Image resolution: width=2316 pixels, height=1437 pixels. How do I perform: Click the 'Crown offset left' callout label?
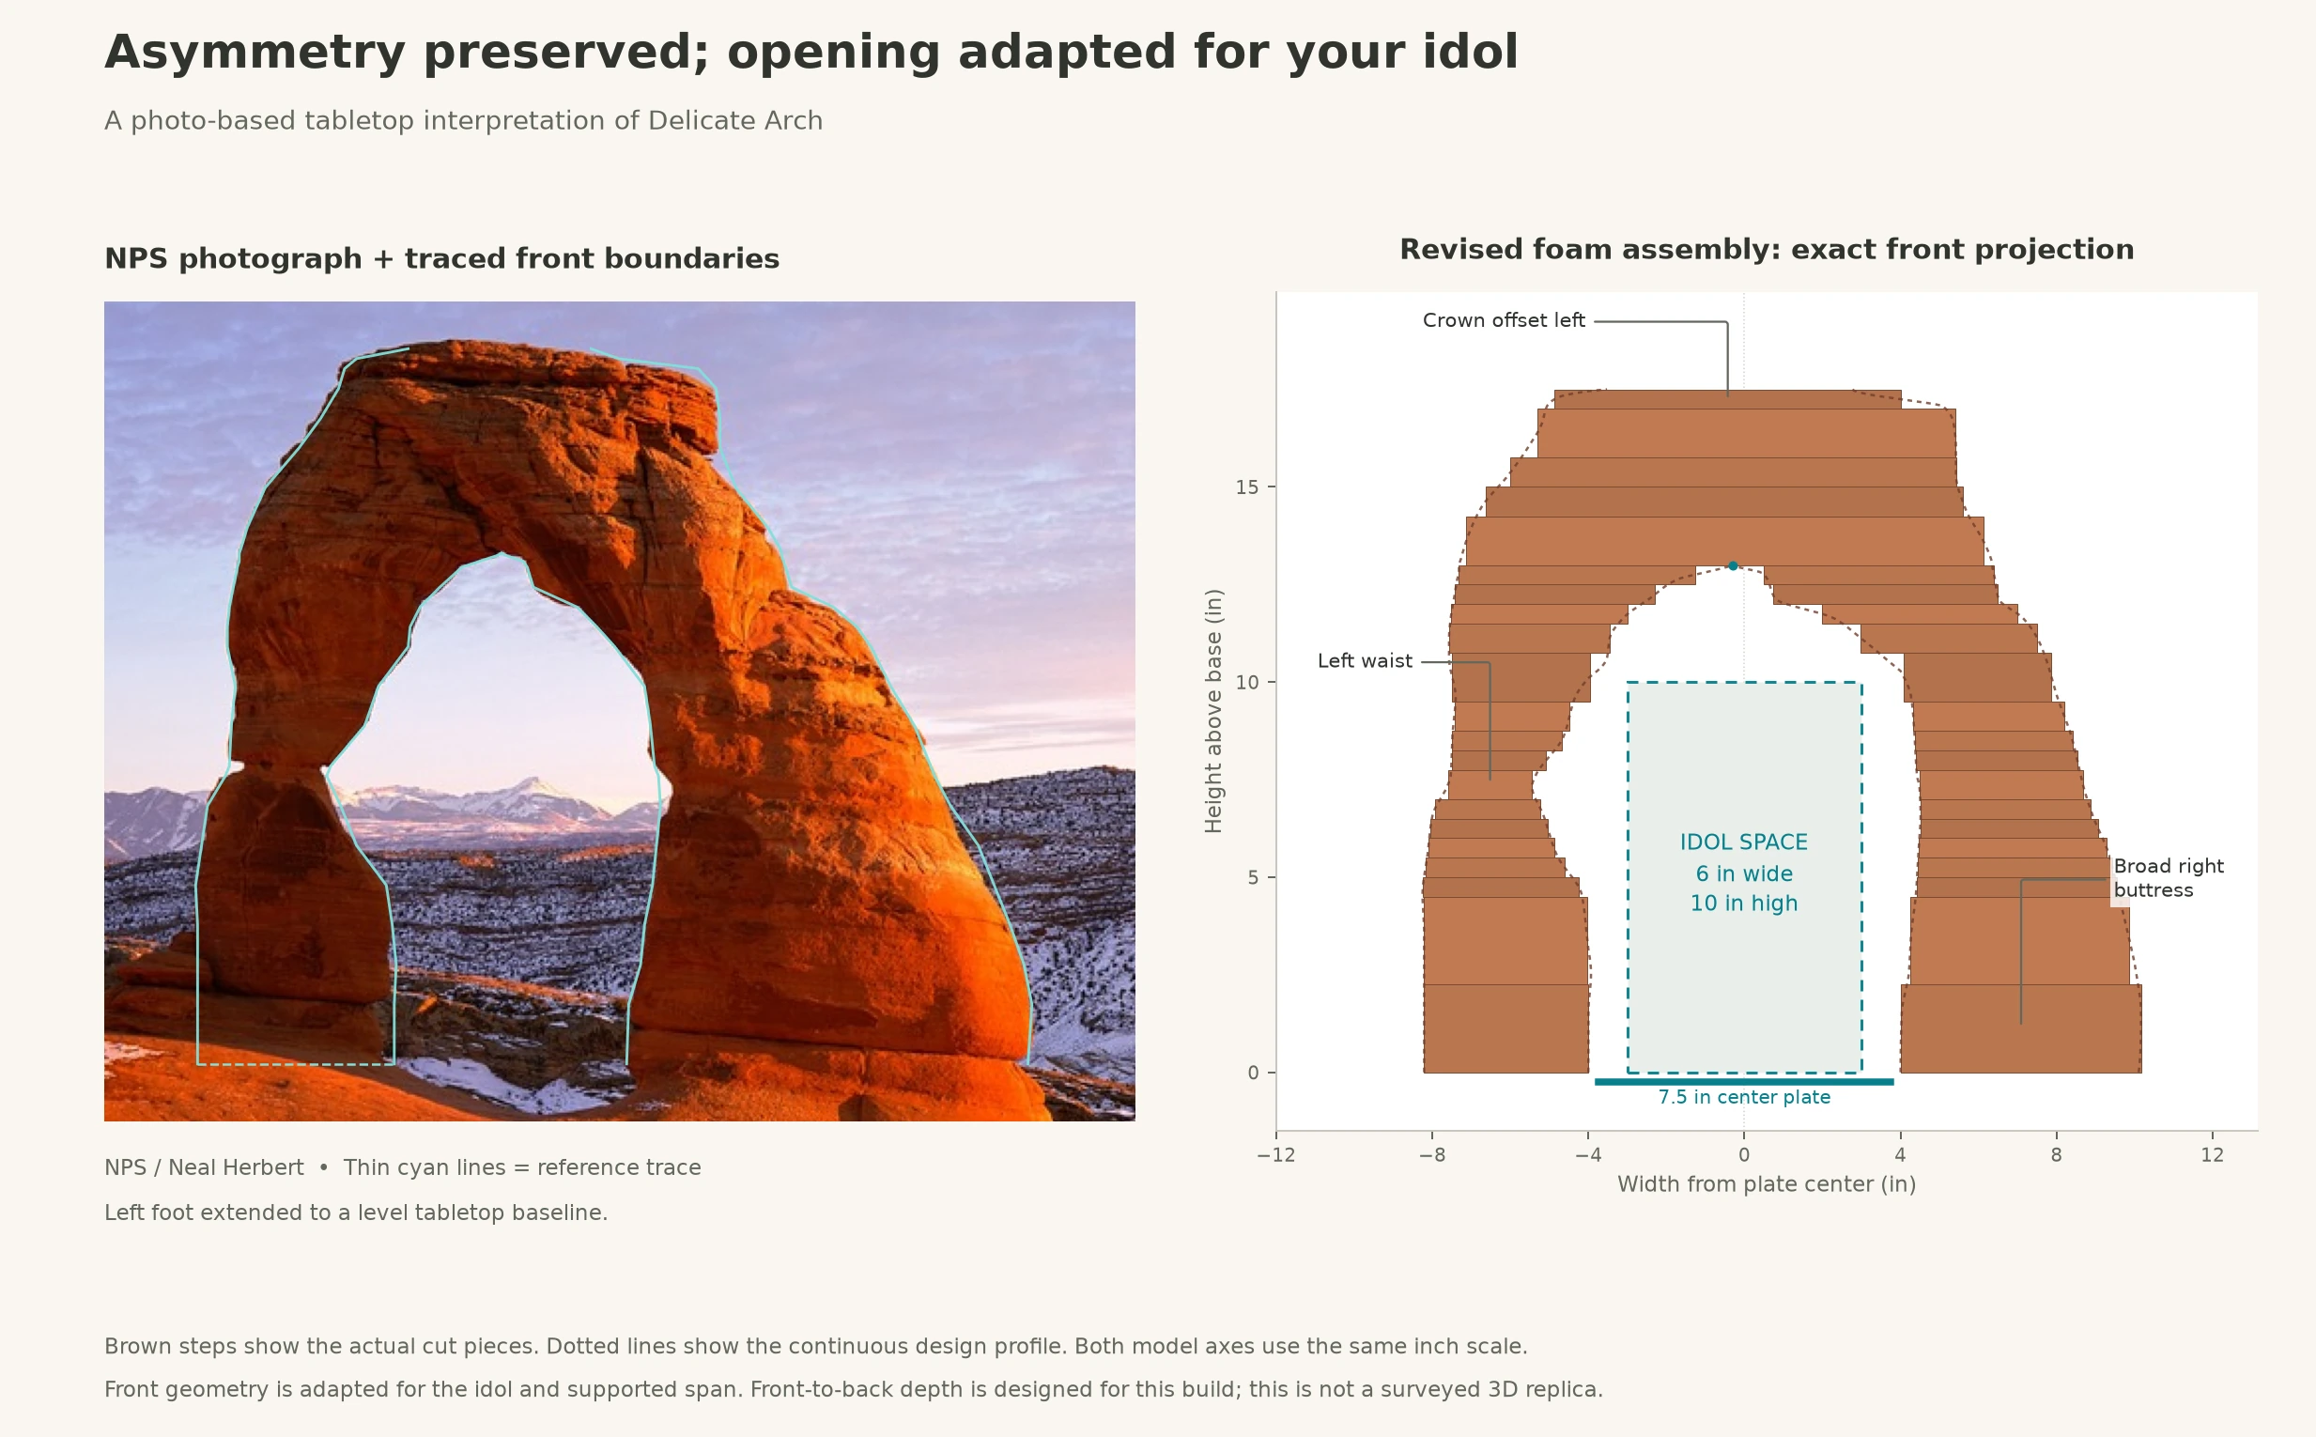point(1504,321)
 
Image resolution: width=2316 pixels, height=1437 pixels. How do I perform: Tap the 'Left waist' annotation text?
point(1365,661)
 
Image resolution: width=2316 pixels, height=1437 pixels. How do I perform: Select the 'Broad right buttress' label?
point(2169,878)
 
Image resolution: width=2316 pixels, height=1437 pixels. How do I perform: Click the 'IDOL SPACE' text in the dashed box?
point(1744,843)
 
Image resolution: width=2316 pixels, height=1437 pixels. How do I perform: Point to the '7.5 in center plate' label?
point(1744,1098)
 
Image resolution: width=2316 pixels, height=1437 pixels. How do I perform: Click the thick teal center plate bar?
point(1744,1082)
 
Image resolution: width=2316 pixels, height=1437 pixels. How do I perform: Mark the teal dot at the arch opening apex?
point(1733,565)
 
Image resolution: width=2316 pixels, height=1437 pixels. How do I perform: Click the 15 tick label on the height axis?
point(1247,487)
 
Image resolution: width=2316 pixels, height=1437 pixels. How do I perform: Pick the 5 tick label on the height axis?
point(1254,878)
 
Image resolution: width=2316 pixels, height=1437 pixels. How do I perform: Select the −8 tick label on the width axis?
point(1431,1155)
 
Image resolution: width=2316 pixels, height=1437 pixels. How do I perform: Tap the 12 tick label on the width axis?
point(2213,1155)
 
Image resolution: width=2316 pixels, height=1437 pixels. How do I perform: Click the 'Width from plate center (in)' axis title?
point(1767,1185)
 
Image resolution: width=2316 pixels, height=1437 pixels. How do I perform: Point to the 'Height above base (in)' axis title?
point(1213,711)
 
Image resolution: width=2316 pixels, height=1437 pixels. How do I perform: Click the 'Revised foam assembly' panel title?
point(1767,250)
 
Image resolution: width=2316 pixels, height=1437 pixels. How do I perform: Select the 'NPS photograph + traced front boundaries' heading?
point(442,259)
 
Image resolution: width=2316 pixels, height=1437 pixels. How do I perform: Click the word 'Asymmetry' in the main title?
point(255,54)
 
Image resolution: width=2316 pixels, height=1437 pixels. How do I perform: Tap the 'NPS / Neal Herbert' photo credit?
point(204,1168)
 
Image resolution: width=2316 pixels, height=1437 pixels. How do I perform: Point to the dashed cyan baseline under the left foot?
point(296,1064)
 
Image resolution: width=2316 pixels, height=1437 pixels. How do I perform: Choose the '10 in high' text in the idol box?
point(1744,904)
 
